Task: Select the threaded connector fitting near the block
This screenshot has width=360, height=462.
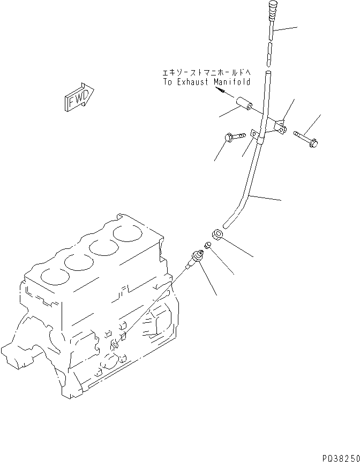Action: pos(193,259)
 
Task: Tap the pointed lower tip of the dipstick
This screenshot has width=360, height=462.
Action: pos(269,59)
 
